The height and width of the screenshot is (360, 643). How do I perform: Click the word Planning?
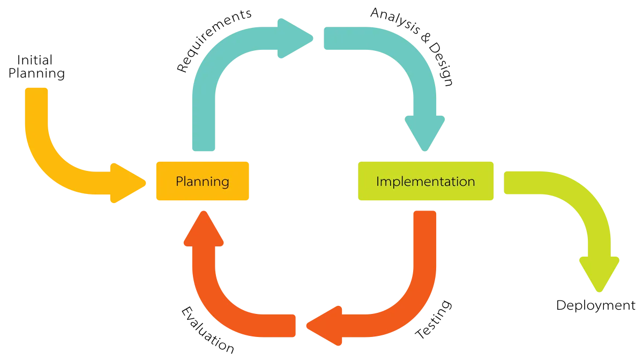tap(202, 181)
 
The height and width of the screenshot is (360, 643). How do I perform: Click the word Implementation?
tap(425, 181)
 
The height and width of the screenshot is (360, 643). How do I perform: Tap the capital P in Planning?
tap(180, 181)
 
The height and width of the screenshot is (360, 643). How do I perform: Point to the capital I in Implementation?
tap(378, 181)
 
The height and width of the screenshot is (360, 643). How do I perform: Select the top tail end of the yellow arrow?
tap(36, 94)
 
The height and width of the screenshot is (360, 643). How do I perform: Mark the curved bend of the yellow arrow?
tap(51, 166)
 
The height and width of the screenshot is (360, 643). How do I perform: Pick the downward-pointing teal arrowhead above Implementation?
tap(424, 131)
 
